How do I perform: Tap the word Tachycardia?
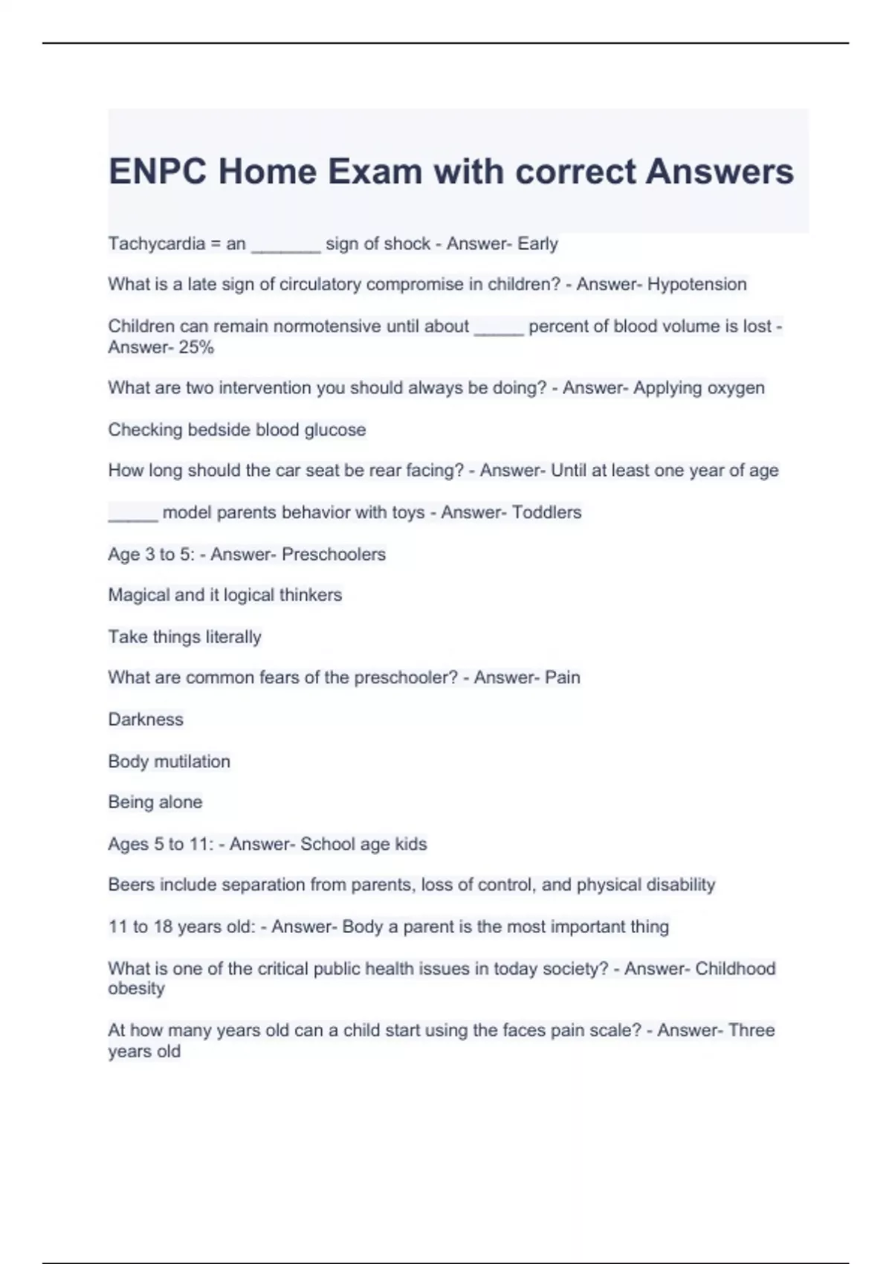pyautogui.click(x=156, y=244)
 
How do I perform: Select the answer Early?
pyautogui.click(x=537, y=244)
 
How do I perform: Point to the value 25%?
pyautogui.click(x=196, y=347)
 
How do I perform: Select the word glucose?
pyautogui.click(x=335, y=430)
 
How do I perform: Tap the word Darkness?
pyautogui.click(x=146, y=720)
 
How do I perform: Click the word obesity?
pyautogui.click(x=136, y=989)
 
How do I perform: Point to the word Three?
pyautogui.click(x=752, y=1031)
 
